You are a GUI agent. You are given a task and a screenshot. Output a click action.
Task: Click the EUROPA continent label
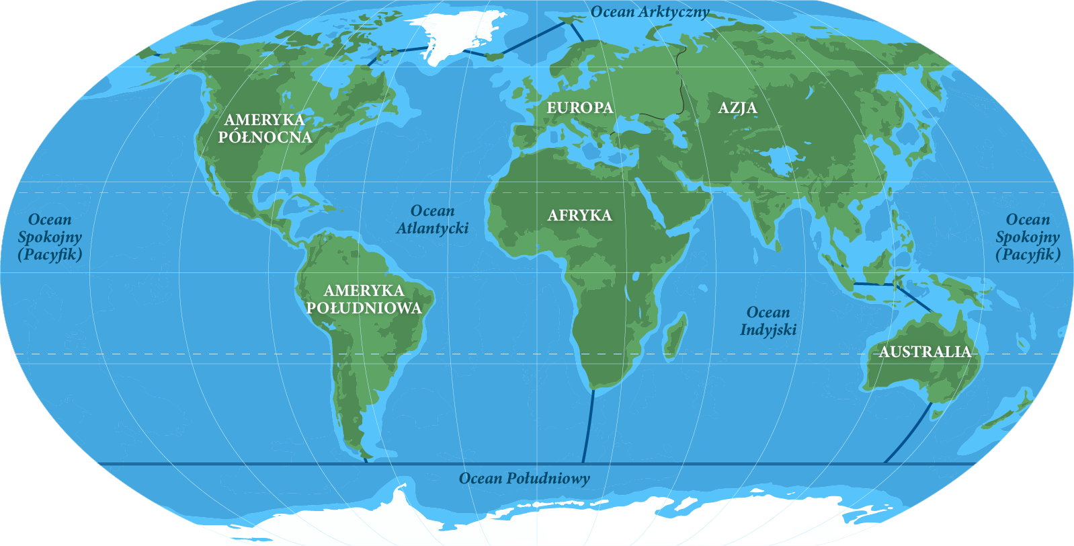coord(579,108)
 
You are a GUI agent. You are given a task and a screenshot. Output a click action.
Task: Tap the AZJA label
coord(737,108)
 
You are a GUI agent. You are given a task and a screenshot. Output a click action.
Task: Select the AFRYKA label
coord(579,215)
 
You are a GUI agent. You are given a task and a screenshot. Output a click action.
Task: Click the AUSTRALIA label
coord(925,352)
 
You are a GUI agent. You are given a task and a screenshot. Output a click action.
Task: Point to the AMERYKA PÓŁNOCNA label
coord(265,128)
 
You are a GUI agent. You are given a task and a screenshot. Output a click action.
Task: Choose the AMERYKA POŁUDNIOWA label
coord(364,299)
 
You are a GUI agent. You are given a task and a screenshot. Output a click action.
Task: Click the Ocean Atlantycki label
coord(432,220)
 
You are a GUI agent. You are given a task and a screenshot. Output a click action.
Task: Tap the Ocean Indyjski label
coord(768,321)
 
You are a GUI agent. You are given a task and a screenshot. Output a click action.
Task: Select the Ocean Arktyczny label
coord(650,11)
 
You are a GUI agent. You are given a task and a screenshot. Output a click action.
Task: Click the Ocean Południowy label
coord(524,478)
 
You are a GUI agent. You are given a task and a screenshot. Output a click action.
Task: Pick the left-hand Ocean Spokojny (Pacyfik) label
coord(50,237)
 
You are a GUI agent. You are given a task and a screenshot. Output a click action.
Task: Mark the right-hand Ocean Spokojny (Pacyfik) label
coord(1028,237)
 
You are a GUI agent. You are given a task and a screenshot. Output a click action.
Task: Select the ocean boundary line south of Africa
coord(588,427)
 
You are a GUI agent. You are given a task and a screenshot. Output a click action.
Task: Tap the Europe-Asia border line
coord(683,81)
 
